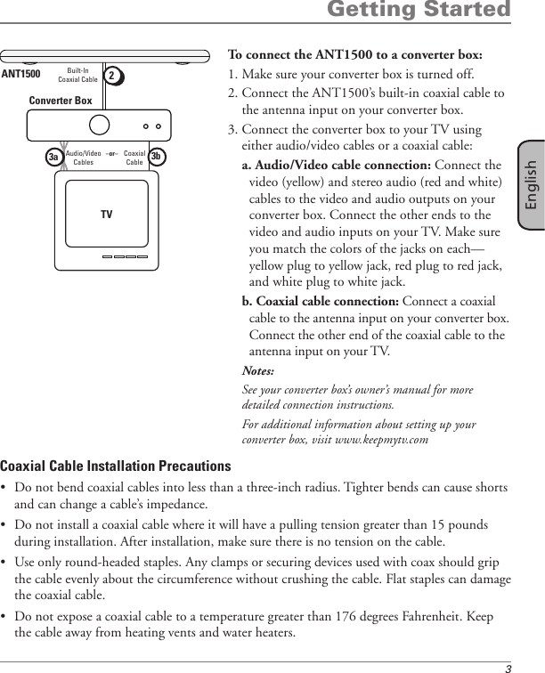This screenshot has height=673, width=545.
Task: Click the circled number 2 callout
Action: [x=113, y=75]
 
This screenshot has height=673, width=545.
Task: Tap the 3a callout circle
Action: [x=54, y=157]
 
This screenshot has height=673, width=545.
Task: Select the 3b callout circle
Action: [x=156, y=157]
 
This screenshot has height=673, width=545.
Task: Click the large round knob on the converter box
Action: [x=101, y=123]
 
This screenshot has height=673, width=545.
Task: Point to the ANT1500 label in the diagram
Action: [x=20, y=74]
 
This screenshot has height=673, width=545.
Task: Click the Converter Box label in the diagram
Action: [x=61, y=101]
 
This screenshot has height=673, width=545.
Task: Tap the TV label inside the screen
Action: [x=106, y=215]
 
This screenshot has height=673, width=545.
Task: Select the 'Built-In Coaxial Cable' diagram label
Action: [x=77, y=74]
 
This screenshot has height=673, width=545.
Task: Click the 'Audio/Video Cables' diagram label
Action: [x=84, y=158]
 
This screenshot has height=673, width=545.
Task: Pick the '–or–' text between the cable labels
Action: [x=112, y=153]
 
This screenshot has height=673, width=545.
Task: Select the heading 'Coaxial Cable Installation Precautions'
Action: [x=115, y=466]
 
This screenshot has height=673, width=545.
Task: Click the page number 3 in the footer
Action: [x=508, y=667]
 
